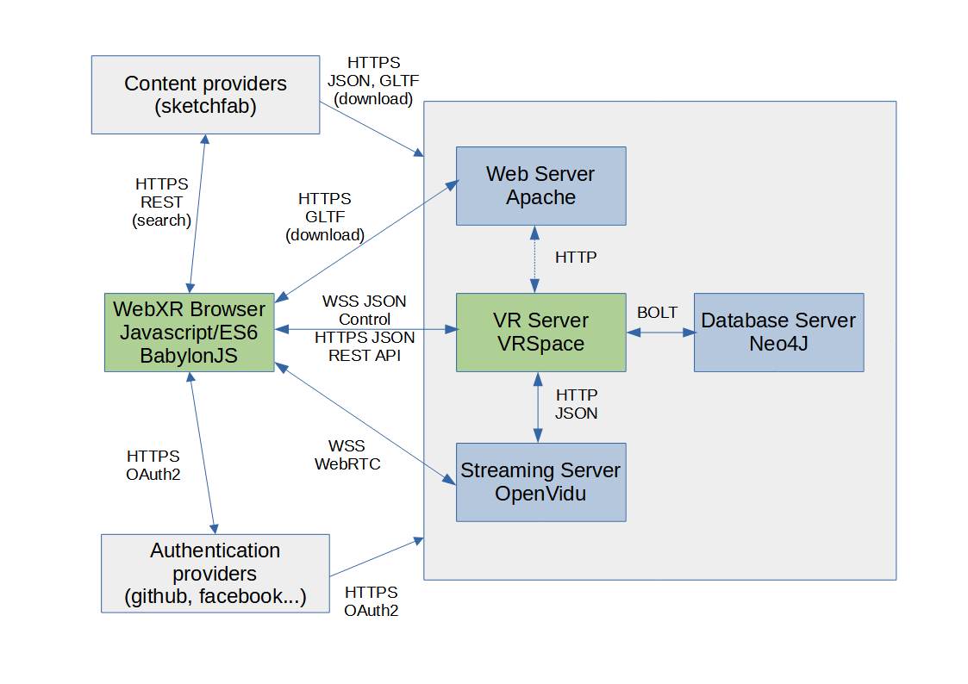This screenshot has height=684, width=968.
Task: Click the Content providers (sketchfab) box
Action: tap(205, 95)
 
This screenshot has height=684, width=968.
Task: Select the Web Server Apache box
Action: tap(540, 186)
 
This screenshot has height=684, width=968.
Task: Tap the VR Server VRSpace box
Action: tap(540, 333)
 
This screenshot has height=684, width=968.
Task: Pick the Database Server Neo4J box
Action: tap(778, 333)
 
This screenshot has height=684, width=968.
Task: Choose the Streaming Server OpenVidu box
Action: tap(540, 482)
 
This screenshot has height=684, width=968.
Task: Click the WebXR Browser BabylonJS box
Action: tap(190, 333)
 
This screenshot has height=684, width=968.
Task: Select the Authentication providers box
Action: tap(215, 573)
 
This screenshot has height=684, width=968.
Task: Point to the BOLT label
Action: tap(657, 313)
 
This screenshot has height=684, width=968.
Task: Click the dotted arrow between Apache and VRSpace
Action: tap(534, 259)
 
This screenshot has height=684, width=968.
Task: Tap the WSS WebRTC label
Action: tap(347, 455)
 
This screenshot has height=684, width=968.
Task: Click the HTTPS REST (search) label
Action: tap(161, 202)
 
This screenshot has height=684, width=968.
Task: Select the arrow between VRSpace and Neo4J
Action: tap(659, 333)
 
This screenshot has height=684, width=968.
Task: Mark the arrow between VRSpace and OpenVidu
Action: tap(539, 407)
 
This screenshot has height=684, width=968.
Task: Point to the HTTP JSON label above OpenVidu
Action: tap(577, 404)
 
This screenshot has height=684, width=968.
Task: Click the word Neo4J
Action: tap(778, 345)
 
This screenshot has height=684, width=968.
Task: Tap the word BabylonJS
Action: tap(190, 356)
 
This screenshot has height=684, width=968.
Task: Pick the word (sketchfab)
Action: tap(205, 108)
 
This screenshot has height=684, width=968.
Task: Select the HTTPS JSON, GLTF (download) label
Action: tap(373, 81)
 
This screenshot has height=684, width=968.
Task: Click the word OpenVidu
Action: tap(540, 494)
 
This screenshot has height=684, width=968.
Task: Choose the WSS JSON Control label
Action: tap(364, 310)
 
